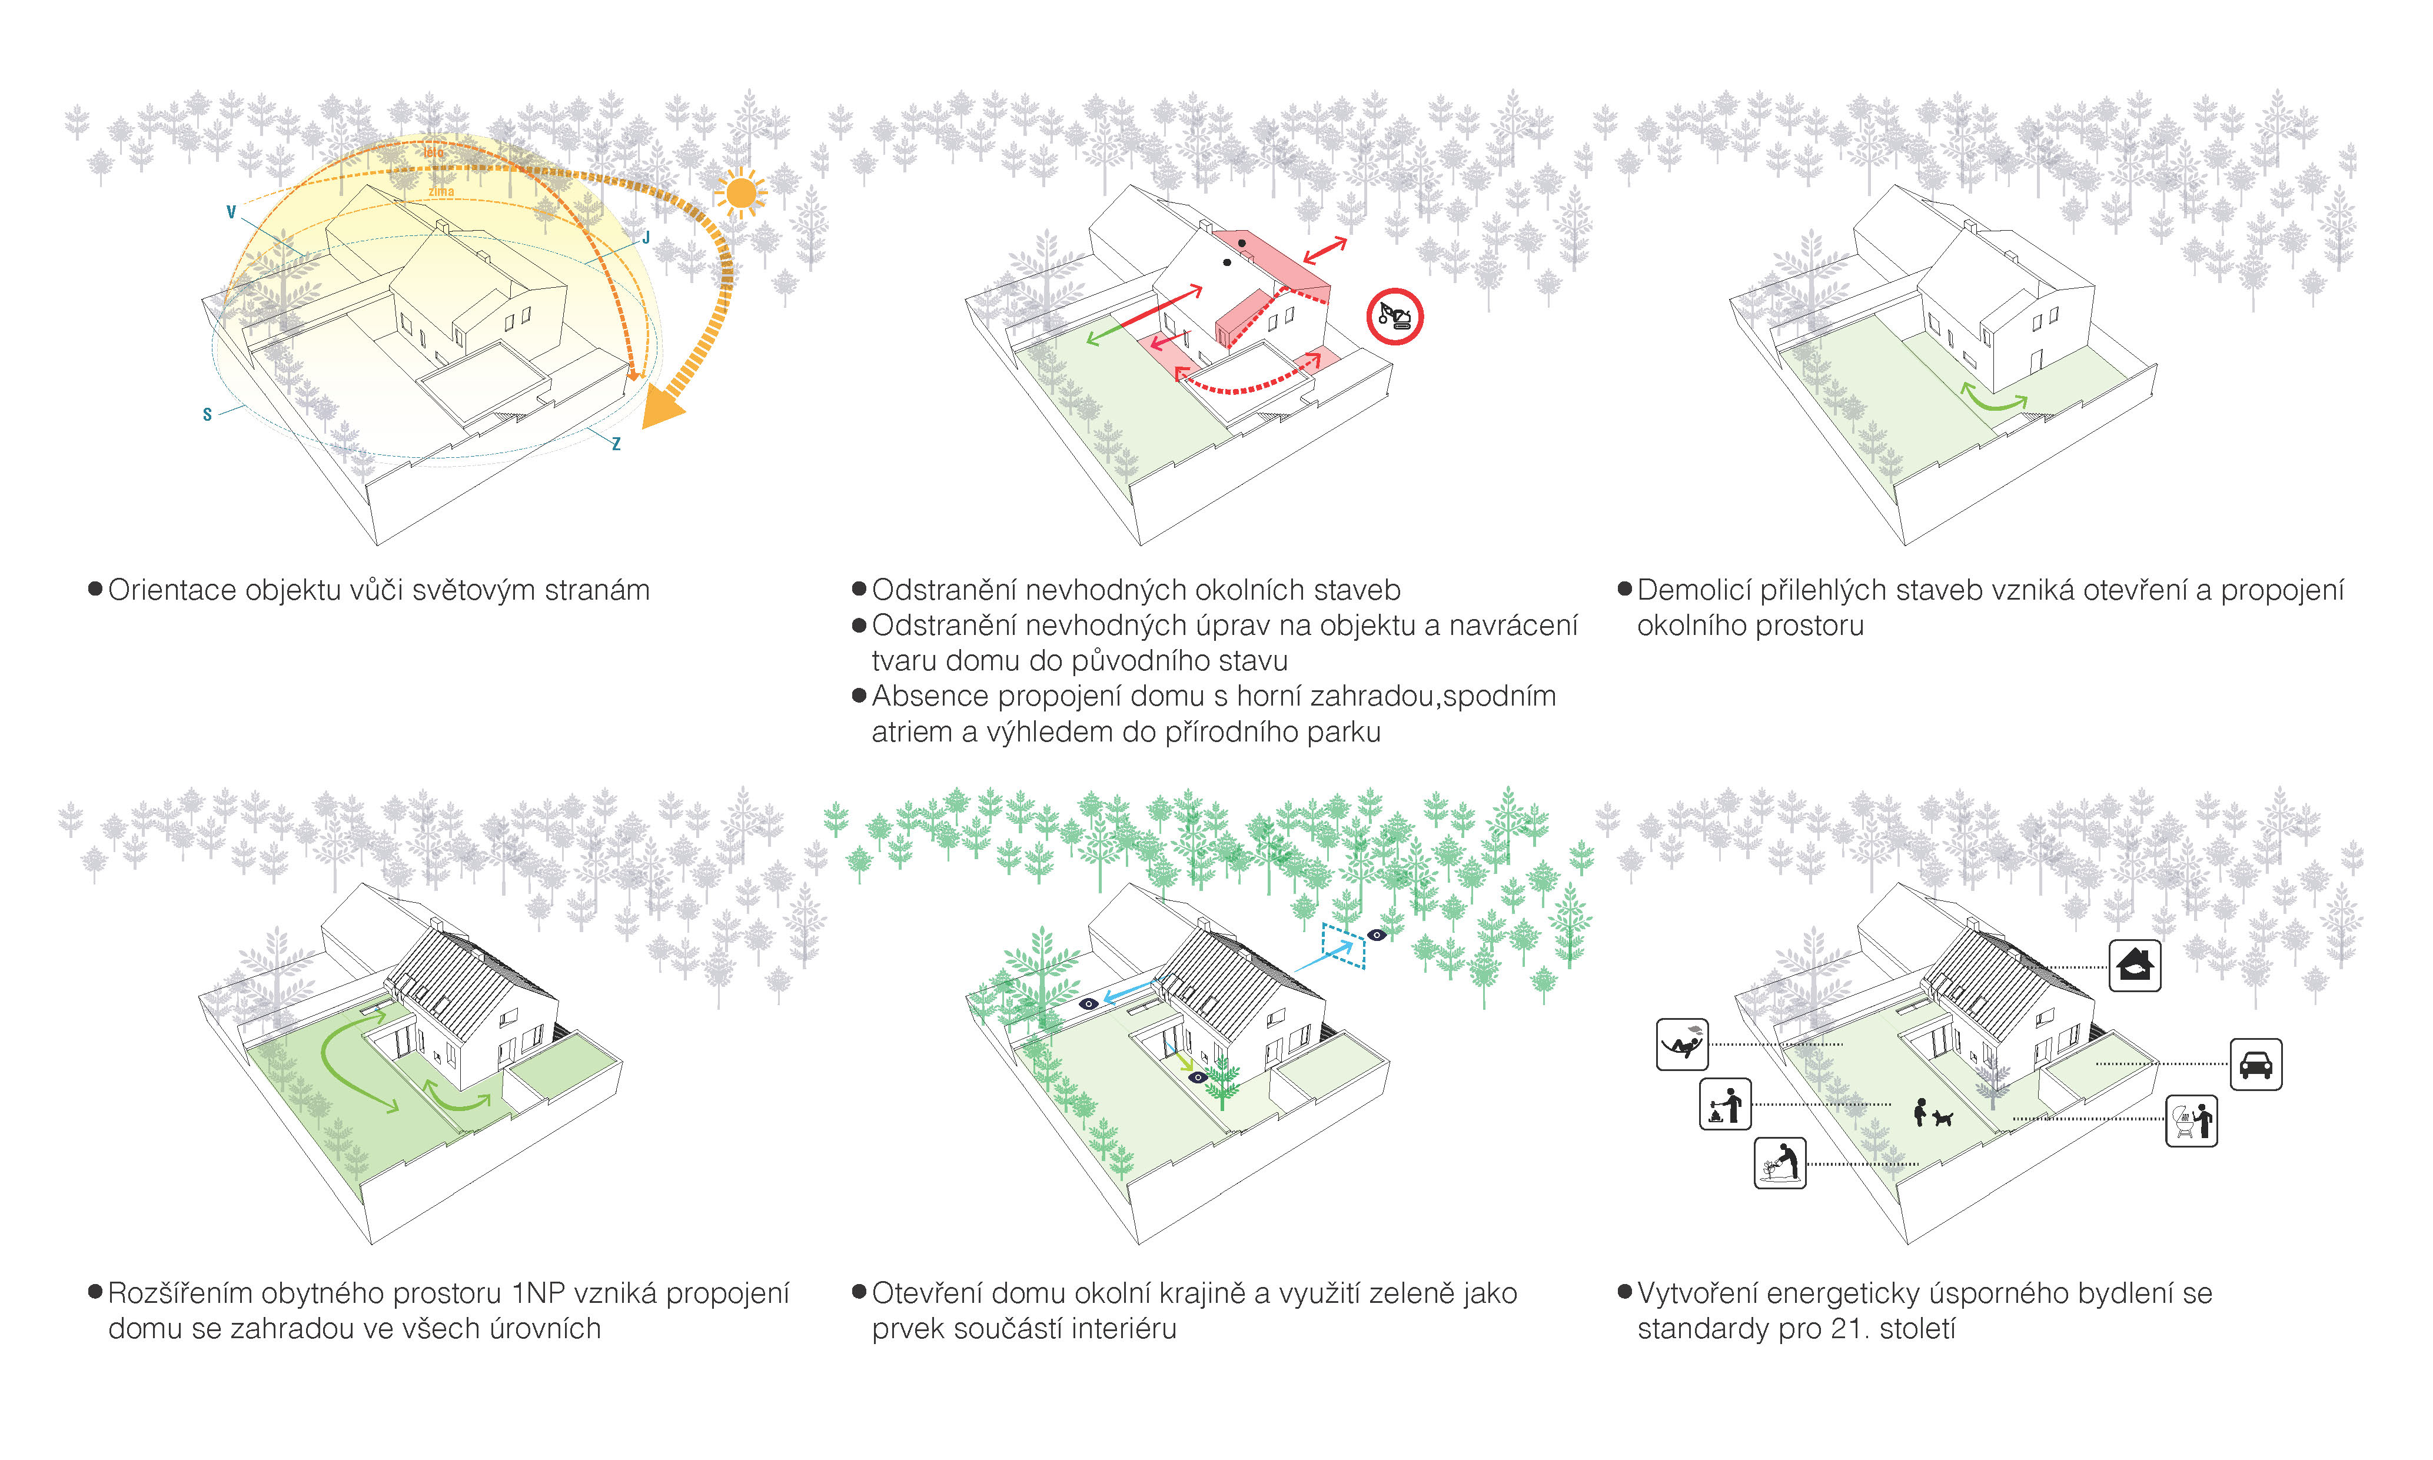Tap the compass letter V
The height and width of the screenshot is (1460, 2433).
pos(231,211)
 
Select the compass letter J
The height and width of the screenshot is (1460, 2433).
pos(646,237)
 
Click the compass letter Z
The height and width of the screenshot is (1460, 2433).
pos(616,444)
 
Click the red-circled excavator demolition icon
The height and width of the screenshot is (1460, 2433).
pos(1394,317)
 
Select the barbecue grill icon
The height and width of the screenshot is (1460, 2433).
pos(2191,1120)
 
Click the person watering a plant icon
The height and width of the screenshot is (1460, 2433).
pos(1780,1163)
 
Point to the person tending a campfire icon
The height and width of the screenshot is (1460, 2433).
pos(1724,1104)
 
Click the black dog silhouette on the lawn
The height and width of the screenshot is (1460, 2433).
pos(1941,1118)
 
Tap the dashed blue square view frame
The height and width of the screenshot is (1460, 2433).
pos(1343,946)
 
